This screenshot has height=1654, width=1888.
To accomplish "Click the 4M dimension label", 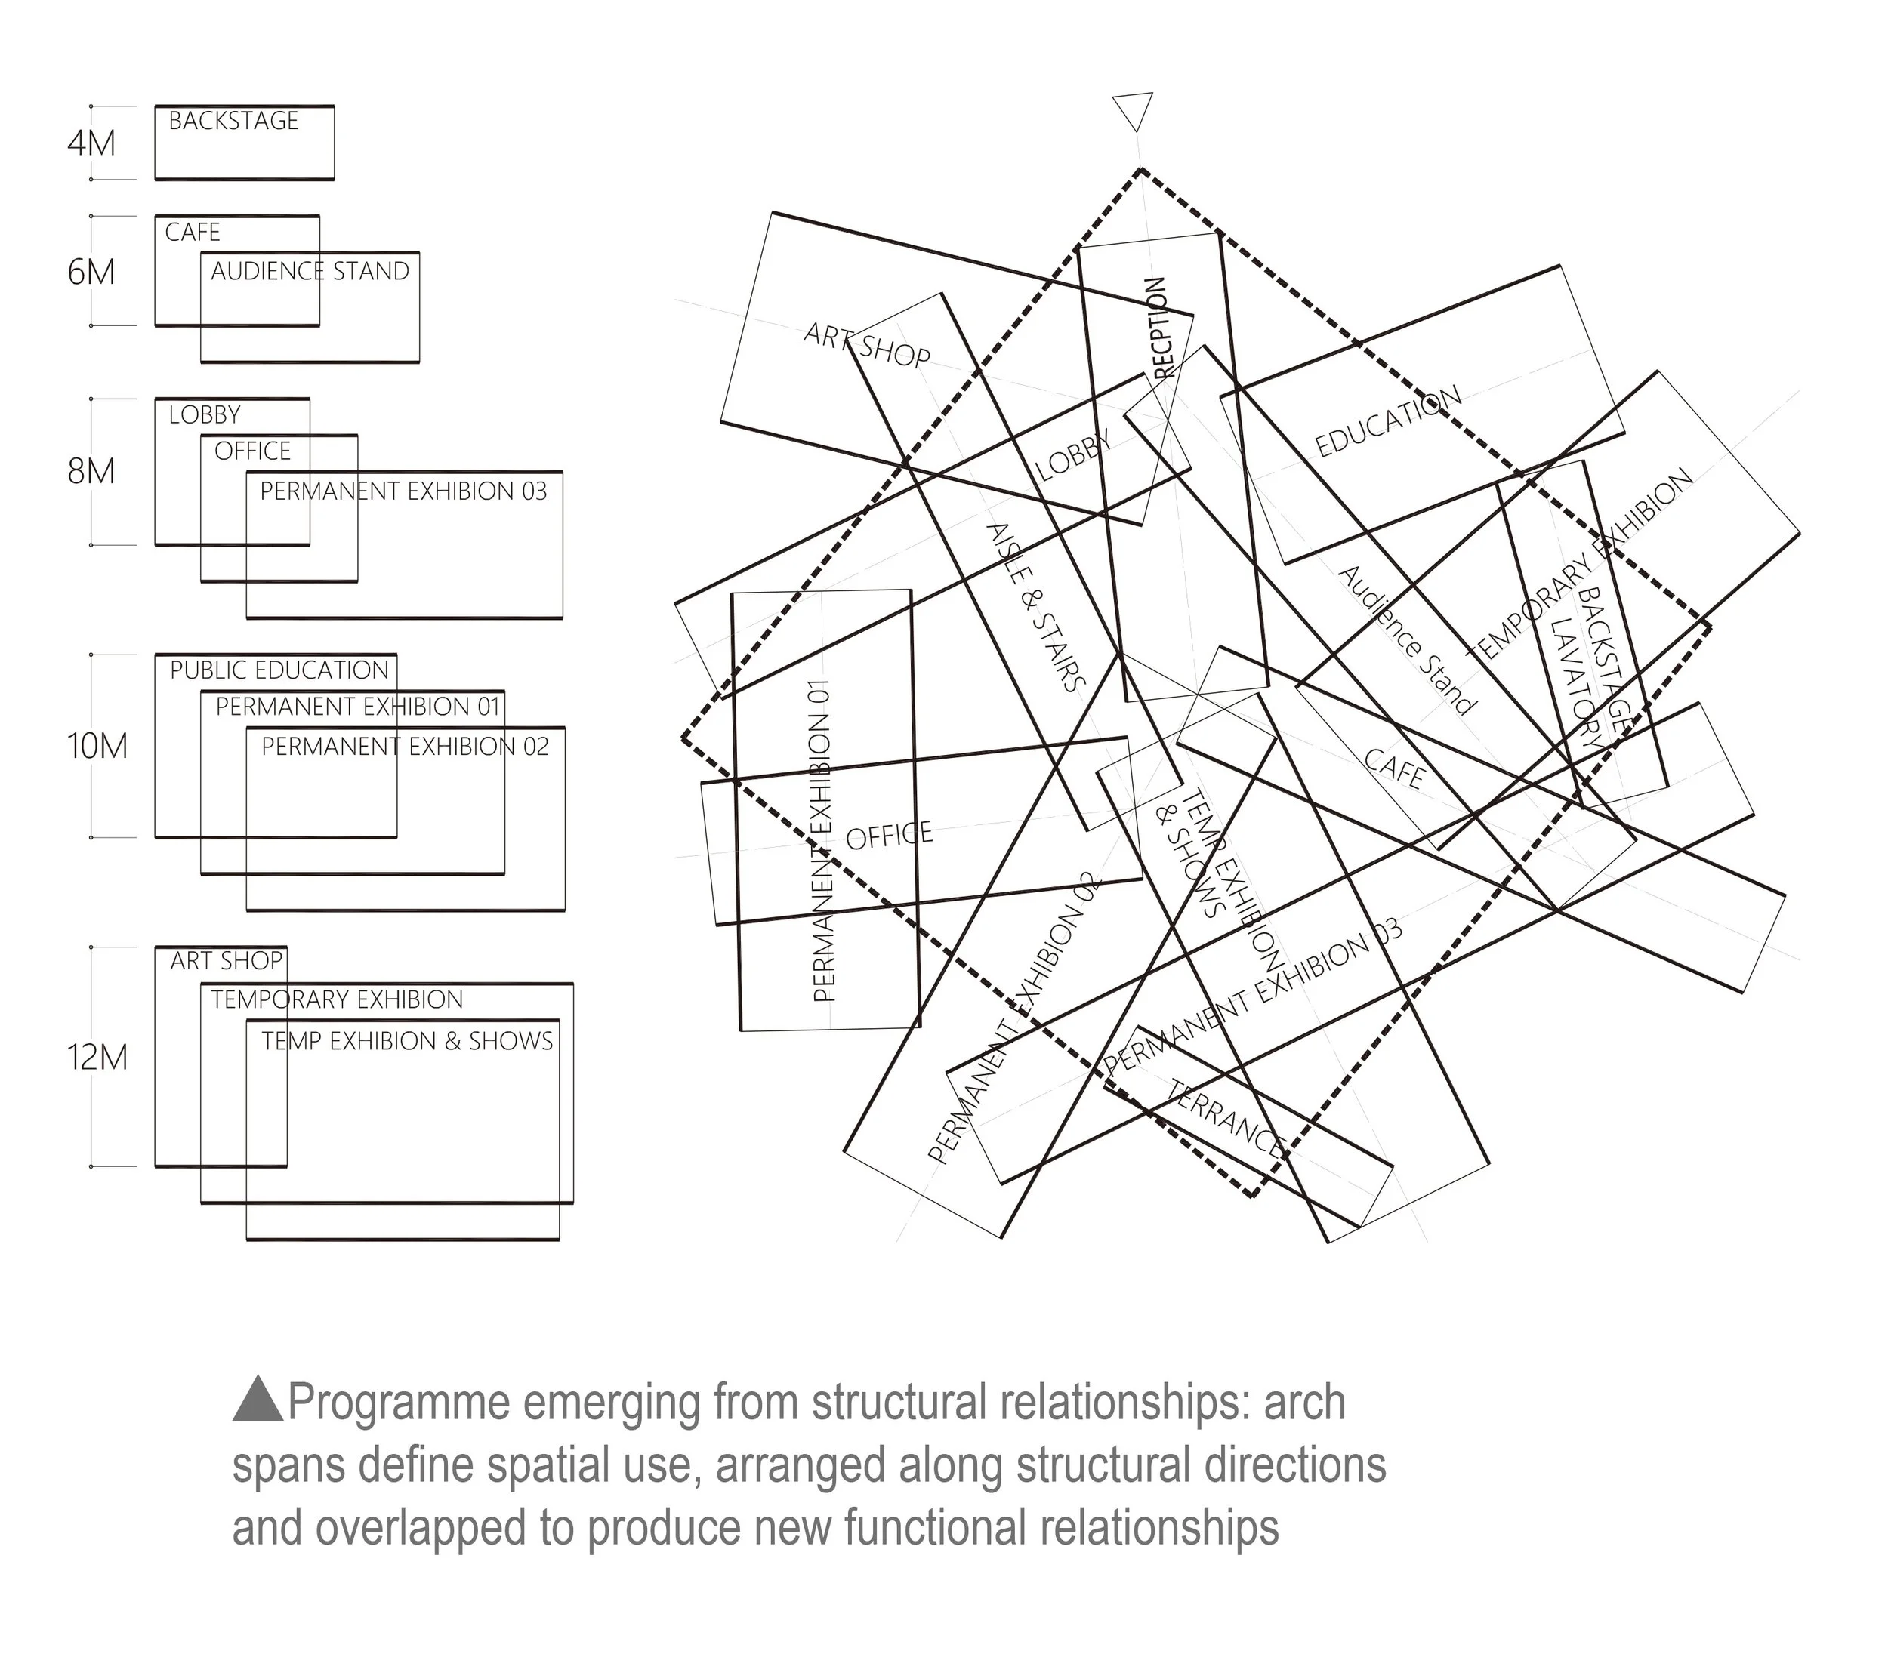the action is [91, 143].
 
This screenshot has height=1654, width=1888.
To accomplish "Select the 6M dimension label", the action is [91, 273].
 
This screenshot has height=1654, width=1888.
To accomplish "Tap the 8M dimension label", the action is [91, 472].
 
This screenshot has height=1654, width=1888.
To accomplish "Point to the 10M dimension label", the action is [97, 746].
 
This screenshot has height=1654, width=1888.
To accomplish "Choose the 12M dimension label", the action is [97, 1057].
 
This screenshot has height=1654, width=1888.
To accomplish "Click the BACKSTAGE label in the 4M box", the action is [233, 121].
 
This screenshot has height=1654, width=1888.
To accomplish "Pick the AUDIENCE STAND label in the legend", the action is [310, 271].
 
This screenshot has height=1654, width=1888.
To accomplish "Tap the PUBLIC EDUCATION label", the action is [279, 670].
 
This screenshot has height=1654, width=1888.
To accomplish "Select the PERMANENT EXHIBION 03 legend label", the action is [403, 491].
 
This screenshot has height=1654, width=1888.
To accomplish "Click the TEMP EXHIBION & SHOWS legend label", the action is [407, 1041].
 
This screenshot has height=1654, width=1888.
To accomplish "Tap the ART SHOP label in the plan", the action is [867, 345].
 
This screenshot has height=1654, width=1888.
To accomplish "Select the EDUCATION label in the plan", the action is [1387, 421].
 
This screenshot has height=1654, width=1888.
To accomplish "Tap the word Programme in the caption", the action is [399, 1402].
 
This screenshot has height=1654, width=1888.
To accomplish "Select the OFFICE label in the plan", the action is [889, 836].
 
